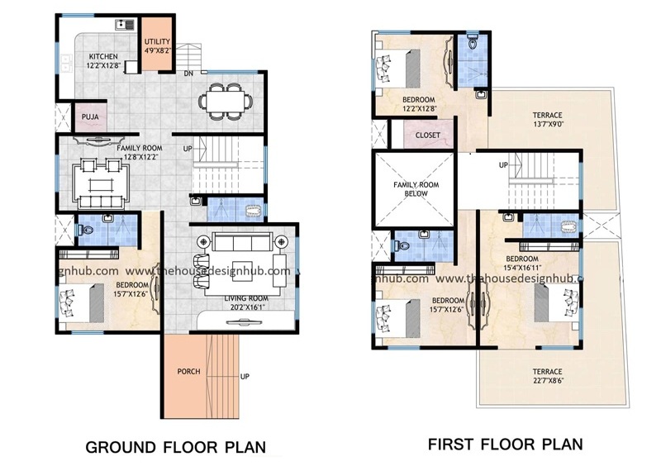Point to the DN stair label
click(189, 73)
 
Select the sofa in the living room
click(240, 242)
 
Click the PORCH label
click(188, 371)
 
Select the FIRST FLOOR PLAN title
click(504, 445)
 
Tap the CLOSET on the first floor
click(427, 135)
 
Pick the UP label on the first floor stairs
click(503, 165)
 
